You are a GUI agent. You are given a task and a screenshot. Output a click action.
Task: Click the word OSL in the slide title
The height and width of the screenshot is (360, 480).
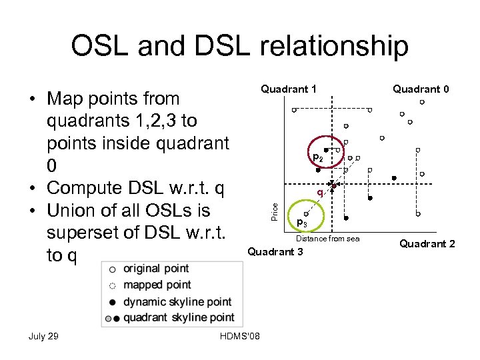101,47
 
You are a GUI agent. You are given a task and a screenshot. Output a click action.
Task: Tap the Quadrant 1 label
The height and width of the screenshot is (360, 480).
289,89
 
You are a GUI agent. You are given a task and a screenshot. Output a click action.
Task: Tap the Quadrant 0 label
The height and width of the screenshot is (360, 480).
420,89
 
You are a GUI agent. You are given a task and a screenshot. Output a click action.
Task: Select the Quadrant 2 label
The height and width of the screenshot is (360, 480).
427,244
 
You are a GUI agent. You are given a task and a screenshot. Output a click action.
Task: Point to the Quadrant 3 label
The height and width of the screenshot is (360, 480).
275,251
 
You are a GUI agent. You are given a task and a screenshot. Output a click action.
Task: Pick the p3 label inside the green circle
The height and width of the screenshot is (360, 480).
301,223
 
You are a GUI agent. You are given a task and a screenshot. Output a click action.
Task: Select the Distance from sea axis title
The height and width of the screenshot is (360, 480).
327,239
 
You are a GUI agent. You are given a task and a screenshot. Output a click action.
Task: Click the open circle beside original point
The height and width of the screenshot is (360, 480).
113,269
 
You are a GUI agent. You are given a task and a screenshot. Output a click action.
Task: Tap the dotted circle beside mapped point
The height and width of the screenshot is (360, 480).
113,285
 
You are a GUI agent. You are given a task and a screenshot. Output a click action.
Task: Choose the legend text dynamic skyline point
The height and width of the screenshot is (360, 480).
177,301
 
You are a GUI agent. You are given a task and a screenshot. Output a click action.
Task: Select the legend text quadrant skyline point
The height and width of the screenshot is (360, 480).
179,317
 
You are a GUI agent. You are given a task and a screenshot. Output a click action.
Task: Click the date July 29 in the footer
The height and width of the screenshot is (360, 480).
43,336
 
